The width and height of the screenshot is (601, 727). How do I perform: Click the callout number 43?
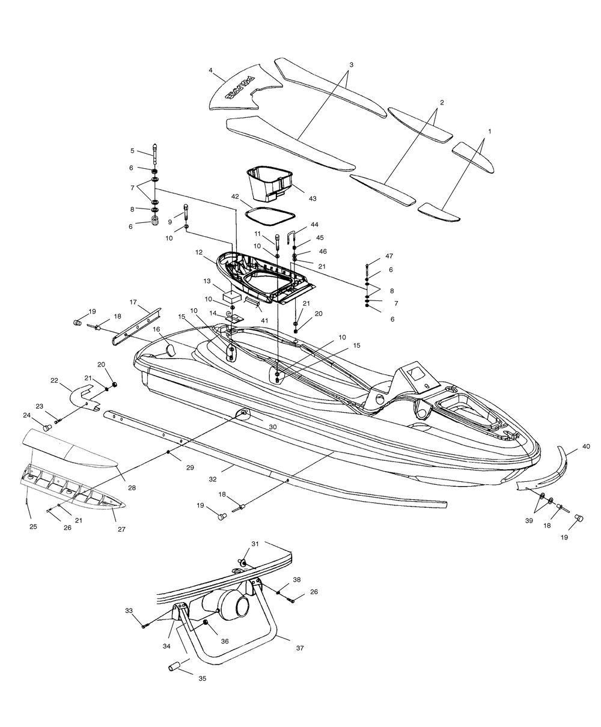pyautogui.click(x=313, y=198)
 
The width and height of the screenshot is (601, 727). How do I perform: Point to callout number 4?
pyautogui.click(x=210, y=70)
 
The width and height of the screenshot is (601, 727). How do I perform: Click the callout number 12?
pyautogui.click(x=199, y=252)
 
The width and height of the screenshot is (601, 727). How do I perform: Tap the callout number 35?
pyautogui.click(x=202, y=678)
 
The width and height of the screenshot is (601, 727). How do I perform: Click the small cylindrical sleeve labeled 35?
pyautogui.click(x=174, y=666)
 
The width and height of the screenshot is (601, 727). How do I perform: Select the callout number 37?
pyautogui.click(x=300, y=648)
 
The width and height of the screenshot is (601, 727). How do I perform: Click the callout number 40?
pyautogui.click(x=586, y=446)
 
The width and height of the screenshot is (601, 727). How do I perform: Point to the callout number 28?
pyautogui.click(x=132, y=488)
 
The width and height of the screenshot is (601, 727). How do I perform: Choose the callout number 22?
pyautogui.click(x=54, y=380)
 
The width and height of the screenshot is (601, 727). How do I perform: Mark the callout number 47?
pyautogui.click(x=389, y=256)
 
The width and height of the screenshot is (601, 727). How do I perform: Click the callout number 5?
pyautogui.click(x=132, y=151)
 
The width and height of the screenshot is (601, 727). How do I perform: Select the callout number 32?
pyautogui.click(x=213, y=479)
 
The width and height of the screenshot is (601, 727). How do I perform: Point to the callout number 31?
pyautogui.click(x=255, y=544)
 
